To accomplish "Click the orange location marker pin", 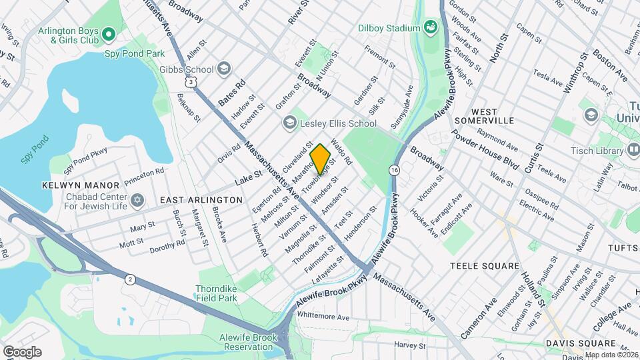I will click(x=320, y=159).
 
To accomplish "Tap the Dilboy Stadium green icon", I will click(x=431, y=27).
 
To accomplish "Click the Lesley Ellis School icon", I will click(x=289, y=123).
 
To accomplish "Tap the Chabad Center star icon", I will click(x=138, y=200).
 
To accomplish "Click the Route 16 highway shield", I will click(x=395, y=171).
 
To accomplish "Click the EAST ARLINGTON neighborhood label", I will click(x=201, y=200).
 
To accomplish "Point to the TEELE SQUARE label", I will click(x=484, y=266).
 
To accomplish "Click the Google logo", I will click(x=22, y=351).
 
